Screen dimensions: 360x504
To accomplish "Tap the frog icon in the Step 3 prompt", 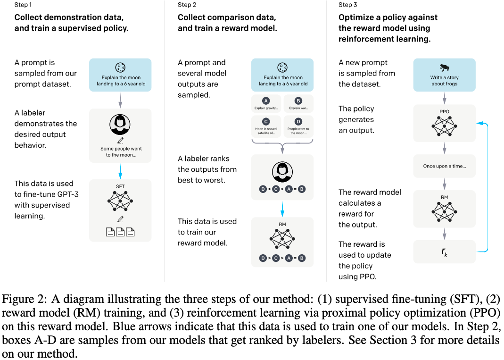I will [x=444, y=67].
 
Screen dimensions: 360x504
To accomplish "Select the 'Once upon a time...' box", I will [x=444, y=166].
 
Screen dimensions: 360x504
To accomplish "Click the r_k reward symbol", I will [x=444, y=251].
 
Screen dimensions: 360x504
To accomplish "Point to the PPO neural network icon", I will [x=444, y=126].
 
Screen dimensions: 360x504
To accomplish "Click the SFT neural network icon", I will [x=120, y=201].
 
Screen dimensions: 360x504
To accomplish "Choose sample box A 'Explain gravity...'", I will [x=266, y=103].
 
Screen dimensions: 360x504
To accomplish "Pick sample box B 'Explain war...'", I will [x=298, y=103].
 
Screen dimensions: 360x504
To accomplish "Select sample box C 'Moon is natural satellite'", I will [x=266, y=127].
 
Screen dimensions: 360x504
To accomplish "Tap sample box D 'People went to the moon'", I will [x=298, y=127].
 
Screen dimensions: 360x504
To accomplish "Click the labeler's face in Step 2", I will [x=282, y=171].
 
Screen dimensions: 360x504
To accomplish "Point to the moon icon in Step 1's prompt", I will [x=120, y=67].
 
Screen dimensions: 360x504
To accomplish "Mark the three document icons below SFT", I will [x=120, y=232].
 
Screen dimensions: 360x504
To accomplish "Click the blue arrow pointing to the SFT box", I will [x=120, y=170].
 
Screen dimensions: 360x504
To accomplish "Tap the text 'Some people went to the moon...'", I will [x=121, y=151].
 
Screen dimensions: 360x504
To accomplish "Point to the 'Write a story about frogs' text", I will [x=444, y=81].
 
